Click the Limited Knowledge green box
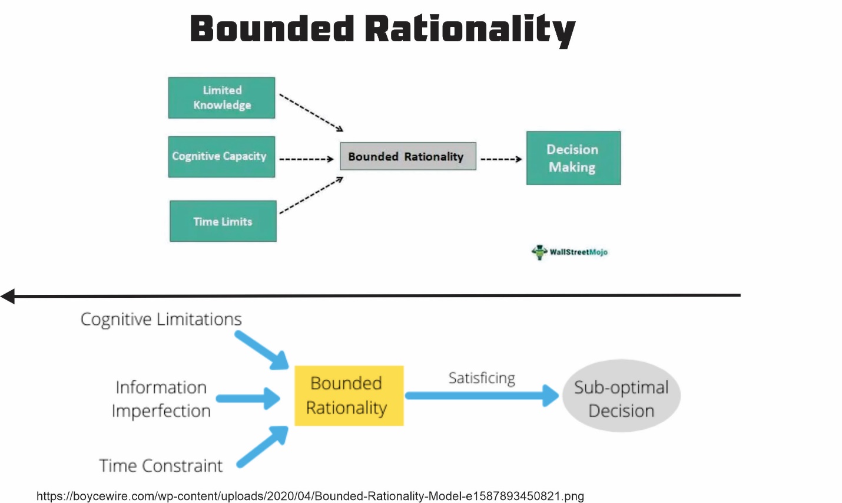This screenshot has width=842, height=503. tap(221, 98)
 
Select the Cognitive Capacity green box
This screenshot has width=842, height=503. tap(221, 157)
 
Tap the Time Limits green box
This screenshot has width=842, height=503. tap(223, 221)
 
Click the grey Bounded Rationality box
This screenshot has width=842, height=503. tap(407, 156)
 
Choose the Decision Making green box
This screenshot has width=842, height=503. tap(573, 158)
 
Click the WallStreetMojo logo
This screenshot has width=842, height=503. tap(569, 252)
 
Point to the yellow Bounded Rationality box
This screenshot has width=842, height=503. tap(349, 396)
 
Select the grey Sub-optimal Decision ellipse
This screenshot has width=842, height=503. tap(621, 396)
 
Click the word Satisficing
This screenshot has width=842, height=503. tap(482, 378)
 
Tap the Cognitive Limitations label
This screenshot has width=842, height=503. tap(161, 320)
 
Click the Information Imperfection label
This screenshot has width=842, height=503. tap(161, 399)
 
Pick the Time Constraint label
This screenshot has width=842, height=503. tap(161, 466)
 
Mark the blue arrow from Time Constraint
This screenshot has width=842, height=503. tap(263, 447)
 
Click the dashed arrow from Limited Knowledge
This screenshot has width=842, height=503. tap(311, 112)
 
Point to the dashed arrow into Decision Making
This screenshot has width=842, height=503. tap(501, 159)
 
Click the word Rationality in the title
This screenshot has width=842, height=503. tap(469, 29)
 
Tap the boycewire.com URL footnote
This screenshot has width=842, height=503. tap(310, 496)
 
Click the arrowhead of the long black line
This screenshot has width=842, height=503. tap(8, 296)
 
